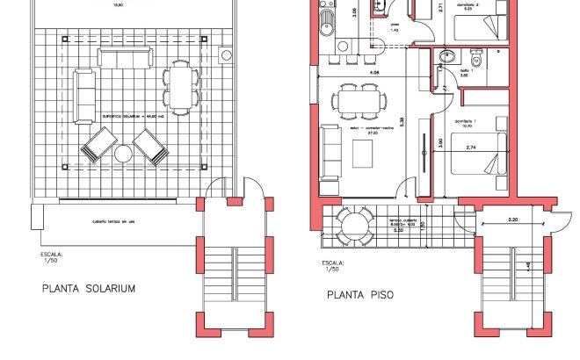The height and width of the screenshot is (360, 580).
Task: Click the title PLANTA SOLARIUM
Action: point(89,288)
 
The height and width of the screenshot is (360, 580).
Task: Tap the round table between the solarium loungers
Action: point(124,155)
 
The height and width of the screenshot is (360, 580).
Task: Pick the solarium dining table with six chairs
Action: point(180,86)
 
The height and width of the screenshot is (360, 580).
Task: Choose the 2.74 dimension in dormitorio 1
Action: point(471,148)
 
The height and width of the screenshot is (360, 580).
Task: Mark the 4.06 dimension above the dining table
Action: point(374,72)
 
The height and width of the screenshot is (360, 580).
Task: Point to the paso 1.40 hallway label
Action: point(395,26)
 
